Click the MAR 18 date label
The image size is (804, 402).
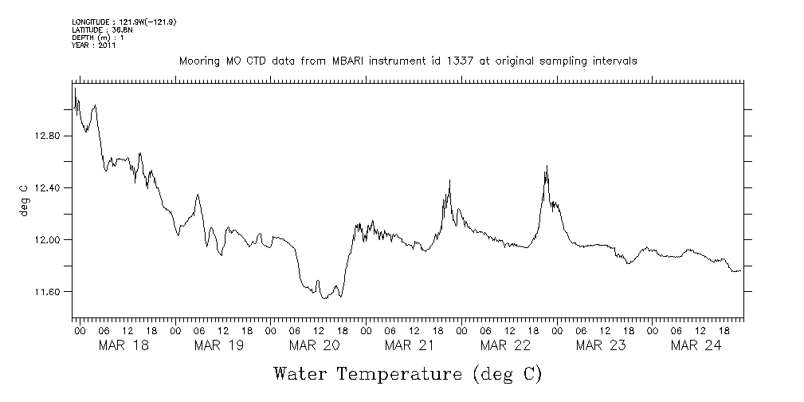(x=123, y=345)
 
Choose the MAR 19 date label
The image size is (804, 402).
(x=218, y=345)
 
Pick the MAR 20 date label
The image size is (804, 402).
(x=314, y=345)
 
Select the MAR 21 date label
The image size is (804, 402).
(x=410, y=345)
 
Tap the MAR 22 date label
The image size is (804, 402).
(x=505, y=345)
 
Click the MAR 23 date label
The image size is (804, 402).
(x=601, y=345)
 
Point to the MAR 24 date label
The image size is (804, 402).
(x=696, y=345)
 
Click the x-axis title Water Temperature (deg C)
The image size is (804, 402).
(x=408, y=373)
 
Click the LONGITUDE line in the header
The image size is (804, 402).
(x=124, y=22)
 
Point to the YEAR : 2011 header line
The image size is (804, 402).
(x=94, y=45)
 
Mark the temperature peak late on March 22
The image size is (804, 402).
(x=547, y=166)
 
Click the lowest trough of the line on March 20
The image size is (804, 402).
(x=324, y=298)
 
